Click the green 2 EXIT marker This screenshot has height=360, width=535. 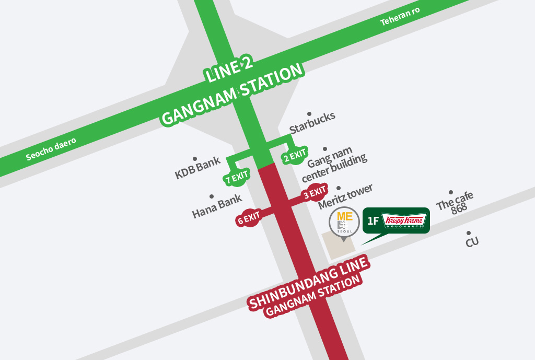click(x=294, y=155)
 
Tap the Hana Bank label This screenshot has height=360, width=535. click(x=217, y=206)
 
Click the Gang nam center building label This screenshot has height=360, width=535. click(x=334, y=163)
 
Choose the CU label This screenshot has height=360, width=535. click(x=472, y=242)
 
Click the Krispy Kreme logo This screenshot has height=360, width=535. click(x=403, y=220)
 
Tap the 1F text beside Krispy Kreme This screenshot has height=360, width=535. click(x=373, y=220)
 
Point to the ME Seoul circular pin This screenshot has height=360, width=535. click(x=344, y=221)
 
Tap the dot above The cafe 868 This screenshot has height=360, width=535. click(x=450, y=192)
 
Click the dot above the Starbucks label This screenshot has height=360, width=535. click(x=309, y=113)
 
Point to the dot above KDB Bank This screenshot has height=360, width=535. click(x=195, y=158)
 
